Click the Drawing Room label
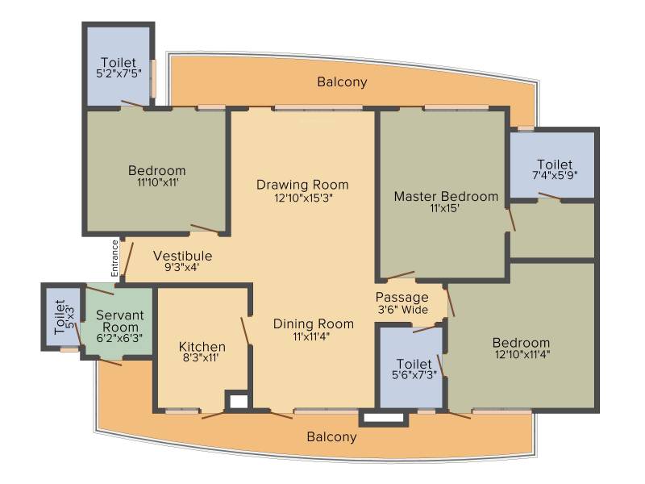point(302,185)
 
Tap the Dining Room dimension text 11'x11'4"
point(311,336)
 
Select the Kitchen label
point(202,346)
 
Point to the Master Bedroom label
point(446,196)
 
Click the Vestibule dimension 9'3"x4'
point(182,268)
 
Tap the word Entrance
point(114,258)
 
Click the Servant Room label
point(119,321)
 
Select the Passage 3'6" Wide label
point(402,303)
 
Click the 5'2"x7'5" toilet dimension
point(119,73)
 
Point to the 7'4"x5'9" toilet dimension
point(555,175)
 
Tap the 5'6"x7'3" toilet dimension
point(414,375)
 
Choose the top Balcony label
point(342,82)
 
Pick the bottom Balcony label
point(331,436)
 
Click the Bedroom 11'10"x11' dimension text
point(158,182)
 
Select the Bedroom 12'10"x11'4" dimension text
point(522,354)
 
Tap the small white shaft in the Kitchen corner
point(239,401)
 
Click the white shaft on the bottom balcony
point(384,418)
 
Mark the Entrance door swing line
point(128,261)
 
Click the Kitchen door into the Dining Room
point(246,332)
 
